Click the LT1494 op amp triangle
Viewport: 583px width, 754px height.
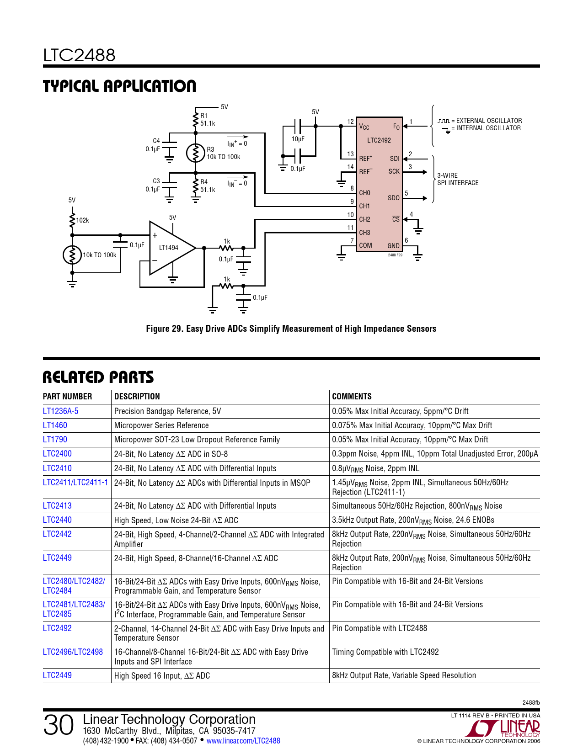(x=172, y=248)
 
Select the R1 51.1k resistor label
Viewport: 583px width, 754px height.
(x=208, y=120)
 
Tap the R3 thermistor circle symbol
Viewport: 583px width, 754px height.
(x=196, y=153)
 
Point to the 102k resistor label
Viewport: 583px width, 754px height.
(x=82, y=220)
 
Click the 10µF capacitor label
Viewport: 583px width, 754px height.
(x=298, y=139)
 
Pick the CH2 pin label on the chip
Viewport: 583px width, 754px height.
(x=364, y=219)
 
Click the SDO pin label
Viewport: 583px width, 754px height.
(x=393, y=198)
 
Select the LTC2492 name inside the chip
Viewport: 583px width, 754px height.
(x=379, y=140)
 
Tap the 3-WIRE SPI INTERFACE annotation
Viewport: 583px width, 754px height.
(x=458, y=179)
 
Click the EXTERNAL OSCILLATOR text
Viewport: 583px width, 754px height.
(x=489, y=121)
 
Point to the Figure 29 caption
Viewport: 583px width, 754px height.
(x=291, y=329)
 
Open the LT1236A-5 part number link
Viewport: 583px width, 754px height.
(x=60, y=411)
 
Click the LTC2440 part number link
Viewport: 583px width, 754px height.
(x=57, y=520)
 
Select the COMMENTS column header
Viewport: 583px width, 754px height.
(x=352, y=396)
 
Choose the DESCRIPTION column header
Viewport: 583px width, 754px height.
(x=137, y=396)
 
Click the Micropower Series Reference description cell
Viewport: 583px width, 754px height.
(x=161, y=425)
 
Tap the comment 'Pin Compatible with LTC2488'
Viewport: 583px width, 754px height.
(x=380, y=628)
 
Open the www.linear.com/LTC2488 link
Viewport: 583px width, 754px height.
(x=243, y=740)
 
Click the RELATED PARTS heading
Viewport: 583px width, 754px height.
(x=98, y=377)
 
